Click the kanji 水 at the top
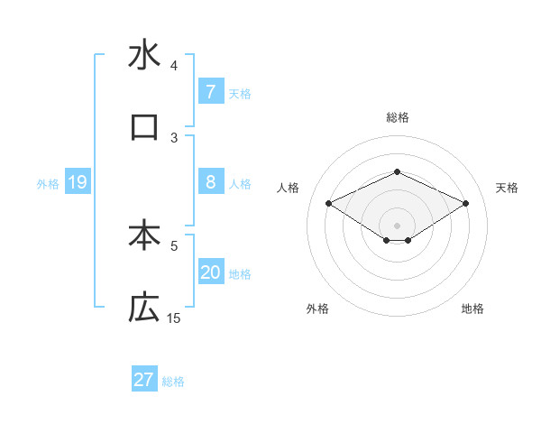[144, 56]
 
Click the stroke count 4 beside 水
[174, 66]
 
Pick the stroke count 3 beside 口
[174, 137]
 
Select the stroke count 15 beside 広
[174, 318]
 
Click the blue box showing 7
[210, 91]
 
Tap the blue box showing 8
[210, 182]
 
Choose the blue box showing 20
[210, 272]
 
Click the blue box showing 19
[77, 182]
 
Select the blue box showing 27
[144, 380]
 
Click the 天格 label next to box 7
[240, 93]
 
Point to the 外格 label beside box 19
[48, 184]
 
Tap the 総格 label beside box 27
[173, 382]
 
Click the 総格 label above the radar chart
[397, 117]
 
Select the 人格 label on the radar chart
[289, 188]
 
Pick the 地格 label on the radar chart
[472, 309]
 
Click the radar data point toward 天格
[466, 203]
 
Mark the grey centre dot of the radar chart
[397, 225]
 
